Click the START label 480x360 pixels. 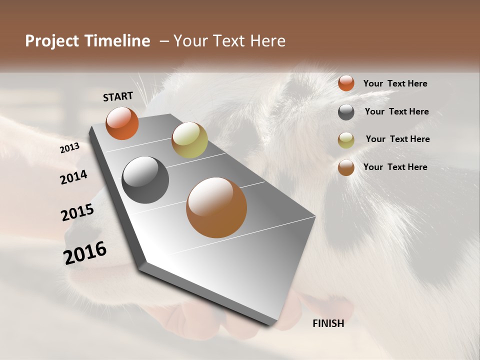118,96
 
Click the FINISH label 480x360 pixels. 328,323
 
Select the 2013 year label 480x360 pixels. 69,147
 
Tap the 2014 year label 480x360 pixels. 73,177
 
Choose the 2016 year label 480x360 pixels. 85,253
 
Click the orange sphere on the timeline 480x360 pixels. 122,123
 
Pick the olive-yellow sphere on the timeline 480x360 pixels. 189,140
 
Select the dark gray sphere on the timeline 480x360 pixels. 145,180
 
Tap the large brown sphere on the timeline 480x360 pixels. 216,207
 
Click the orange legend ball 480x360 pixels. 346,83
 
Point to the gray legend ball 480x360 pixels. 346,112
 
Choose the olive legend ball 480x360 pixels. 346,140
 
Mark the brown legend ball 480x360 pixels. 346,167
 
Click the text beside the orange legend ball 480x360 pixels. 395,83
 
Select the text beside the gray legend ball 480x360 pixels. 396,111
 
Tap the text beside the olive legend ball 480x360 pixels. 397,139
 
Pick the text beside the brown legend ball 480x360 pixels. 395,167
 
